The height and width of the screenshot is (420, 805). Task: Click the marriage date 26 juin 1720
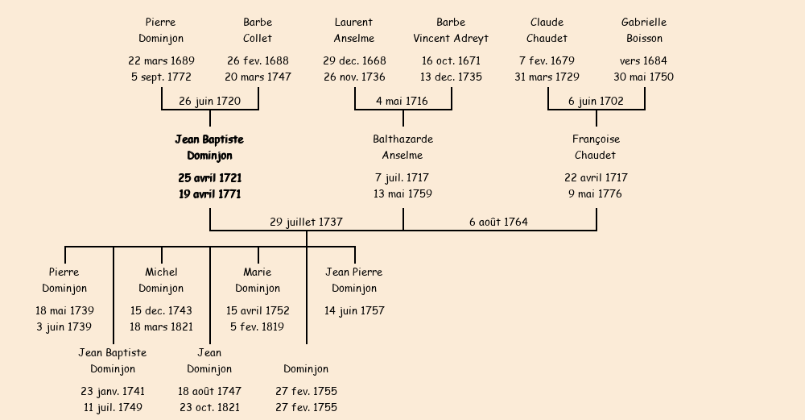click(x=209, y=101)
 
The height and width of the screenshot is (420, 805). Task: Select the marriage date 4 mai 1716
click(x=402, y=101)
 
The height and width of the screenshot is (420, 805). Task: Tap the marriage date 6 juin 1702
click(x=596, y=101)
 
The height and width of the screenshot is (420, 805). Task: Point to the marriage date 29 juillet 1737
click(x=306, y=222)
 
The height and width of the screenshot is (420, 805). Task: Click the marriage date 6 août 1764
click(x=498, y=222)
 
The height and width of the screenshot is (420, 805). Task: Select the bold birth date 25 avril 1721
click(x=209, y=177)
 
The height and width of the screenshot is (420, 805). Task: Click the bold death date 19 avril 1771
click(x=209, y=194)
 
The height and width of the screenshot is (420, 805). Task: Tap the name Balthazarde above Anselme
click(x=402, y=139)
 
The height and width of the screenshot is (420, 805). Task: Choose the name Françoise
click(x=596, y=139)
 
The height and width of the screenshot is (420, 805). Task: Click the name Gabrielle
click(x=644, y=22)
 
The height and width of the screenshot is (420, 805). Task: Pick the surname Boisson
click(x=644, y=38)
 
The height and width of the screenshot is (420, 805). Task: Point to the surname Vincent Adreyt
click(x=451, y=38)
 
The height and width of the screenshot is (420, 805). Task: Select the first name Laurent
click(x=354, y=22)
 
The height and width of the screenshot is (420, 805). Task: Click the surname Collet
click(x=258, y=38)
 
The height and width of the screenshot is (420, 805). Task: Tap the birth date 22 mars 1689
click(x=161, y=60)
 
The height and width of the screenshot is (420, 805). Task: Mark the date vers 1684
click(x=644, y=60)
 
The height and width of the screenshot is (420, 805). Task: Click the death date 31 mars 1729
click(x=547, y=77)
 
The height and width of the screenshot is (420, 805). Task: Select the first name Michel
click(x=161, y=272)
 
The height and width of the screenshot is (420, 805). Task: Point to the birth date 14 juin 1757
click(x=354, y=310)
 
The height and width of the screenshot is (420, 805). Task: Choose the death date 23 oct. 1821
click(x=209, y=408)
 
